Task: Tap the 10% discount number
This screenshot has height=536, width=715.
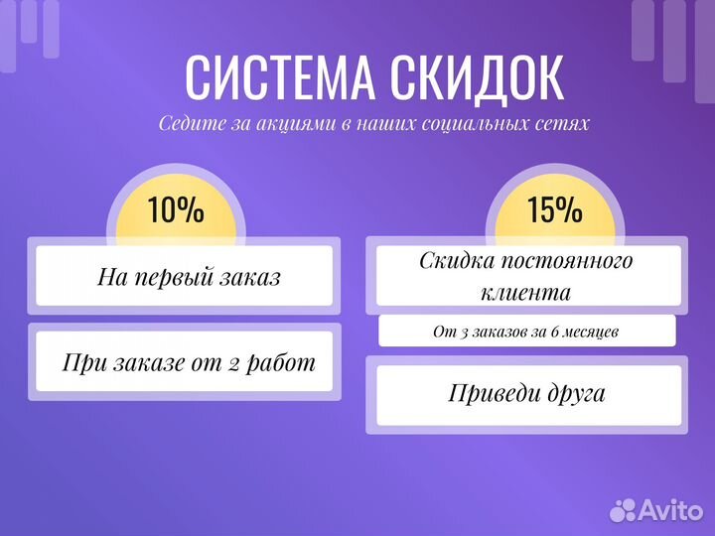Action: click(176, 210)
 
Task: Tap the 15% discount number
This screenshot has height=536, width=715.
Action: click(554, 209)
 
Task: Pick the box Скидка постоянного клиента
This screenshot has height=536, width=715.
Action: click(525, 277)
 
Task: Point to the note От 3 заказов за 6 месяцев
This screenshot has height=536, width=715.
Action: click(525, 331)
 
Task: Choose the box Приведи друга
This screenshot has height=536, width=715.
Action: click(525, 393)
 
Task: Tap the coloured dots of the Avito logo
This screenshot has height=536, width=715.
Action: click(623, 509)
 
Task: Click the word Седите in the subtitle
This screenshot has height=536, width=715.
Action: click(186, 124)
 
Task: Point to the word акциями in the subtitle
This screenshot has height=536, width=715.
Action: click(285, 124)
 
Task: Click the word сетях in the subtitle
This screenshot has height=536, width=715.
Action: click(566, 124)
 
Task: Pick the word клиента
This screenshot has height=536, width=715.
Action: click(525, 293)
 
